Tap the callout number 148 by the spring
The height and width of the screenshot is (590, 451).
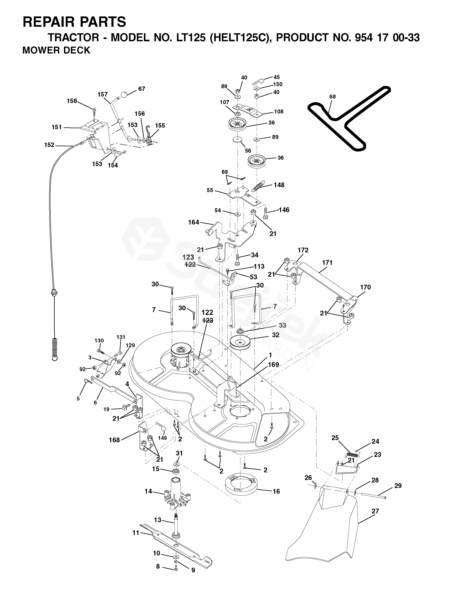point(279,185)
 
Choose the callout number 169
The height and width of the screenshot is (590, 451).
point(273,365)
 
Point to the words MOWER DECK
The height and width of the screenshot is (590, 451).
point(56,50)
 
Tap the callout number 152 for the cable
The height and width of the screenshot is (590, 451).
point(49,145)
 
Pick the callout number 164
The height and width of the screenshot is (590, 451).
point(194,222)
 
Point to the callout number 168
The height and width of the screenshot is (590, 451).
point(114,440)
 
